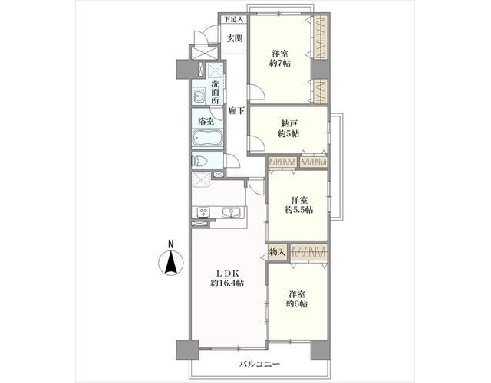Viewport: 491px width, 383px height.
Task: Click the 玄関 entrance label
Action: pyautogui.click(x=235, y=38)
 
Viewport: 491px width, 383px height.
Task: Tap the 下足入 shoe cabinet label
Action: pyautogui.click(x=233, y=19)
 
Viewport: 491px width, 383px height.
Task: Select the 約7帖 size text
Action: pyautogui.click(x=280, y=64)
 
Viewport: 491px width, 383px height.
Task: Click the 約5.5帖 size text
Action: pyautogui.click(x=298, y=210)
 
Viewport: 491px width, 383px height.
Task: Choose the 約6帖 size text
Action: pyautogui.click(x=297, y=303)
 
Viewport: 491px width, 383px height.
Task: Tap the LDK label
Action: pyautogui.click(x=227, y=273)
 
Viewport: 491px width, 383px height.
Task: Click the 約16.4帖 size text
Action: pyautogui.click(x=227, y=283)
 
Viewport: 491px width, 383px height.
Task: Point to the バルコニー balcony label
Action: pyautogui.click(x=259, y=364)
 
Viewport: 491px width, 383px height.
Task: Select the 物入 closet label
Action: pyautogui.click(x=277, y=252)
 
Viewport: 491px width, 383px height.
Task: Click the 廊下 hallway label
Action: pyautogui.click(x=236, y=110)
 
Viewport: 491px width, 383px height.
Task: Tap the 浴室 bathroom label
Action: pyautogui.click(x=206, y=121)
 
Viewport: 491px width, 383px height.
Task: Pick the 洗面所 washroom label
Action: pyautogui.click(x=215, y=92)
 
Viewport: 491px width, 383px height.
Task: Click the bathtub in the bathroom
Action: pyautogui.click(x=207, y=138)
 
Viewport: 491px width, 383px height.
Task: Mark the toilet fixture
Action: pyautogui.click(x=200, y=162)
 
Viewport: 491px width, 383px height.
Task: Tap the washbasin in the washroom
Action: pyautogui.click(x=198, y=96)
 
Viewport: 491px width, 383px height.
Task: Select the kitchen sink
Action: pyautogui.click(x=231, y=213)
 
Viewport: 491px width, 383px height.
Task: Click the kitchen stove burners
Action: pyautogui.click(x=203, y=213)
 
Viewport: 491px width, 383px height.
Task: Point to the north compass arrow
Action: pyautogui.click(x=171, y=263)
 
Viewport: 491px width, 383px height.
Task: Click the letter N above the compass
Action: pyautogui.click(x=170, y=244)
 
